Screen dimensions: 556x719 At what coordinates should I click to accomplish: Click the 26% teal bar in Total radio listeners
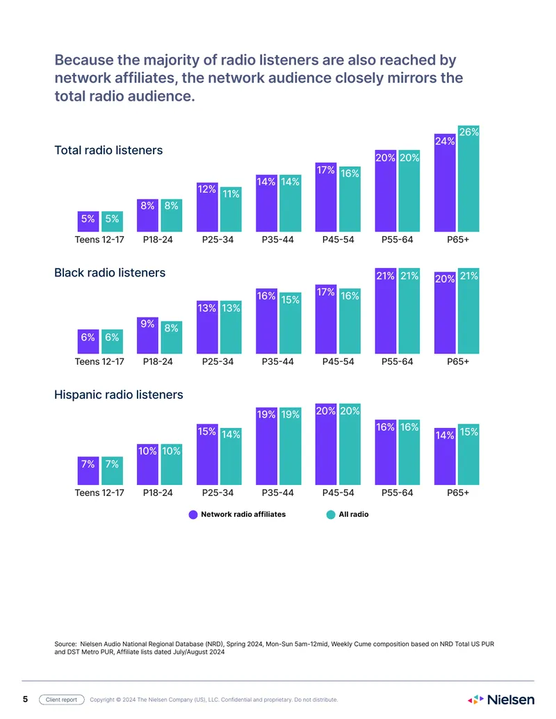point(468,179)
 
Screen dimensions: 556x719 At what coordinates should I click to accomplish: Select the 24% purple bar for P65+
point(445,183)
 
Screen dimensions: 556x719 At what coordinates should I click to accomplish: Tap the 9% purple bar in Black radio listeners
point(147,336)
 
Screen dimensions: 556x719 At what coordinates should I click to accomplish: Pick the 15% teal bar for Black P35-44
point(291,323)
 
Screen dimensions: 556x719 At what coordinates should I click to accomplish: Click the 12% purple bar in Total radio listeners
point(207,207)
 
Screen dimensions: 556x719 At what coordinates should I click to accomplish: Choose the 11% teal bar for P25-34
point(231,209)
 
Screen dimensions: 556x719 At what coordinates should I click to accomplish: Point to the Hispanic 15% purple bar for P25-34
point(207,454)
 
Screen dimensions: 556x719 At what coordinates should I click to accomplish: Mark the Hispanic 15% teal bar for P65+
point(468,454)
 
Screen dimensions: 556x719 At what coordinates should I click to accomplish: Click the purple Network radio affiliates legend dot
point(193,515)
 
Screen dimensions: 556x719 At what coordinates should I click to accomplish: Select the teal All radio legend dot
point(331,515)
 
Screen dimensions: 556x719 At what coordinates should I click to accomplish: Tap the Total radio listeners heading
point(108,151)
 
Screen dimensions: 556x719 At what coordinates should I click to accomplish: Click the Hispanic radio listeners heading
point(118,395)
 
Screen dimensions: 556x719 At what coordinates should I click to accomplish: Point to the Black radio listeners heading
point(110,273)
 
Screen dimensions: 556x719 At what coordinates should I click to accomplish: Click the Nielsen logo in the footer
point(501,700)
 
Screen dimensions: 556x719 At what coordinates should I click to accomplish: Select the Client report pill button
point(61,700)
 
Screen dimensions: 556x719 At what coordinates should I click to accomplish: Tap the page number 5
point(25,700)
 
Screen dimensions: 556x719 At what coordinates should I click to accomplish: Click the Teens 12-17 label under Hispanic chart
point(99,493)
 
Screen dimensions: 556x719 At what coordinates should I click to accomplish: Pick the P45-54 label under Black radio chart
point(338,362)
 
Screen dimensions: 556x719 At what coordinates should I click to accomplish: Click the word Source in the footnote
point(65,644)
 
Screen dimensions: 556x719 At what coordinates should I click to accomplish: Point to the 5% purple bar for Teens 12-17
point(88,222)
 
